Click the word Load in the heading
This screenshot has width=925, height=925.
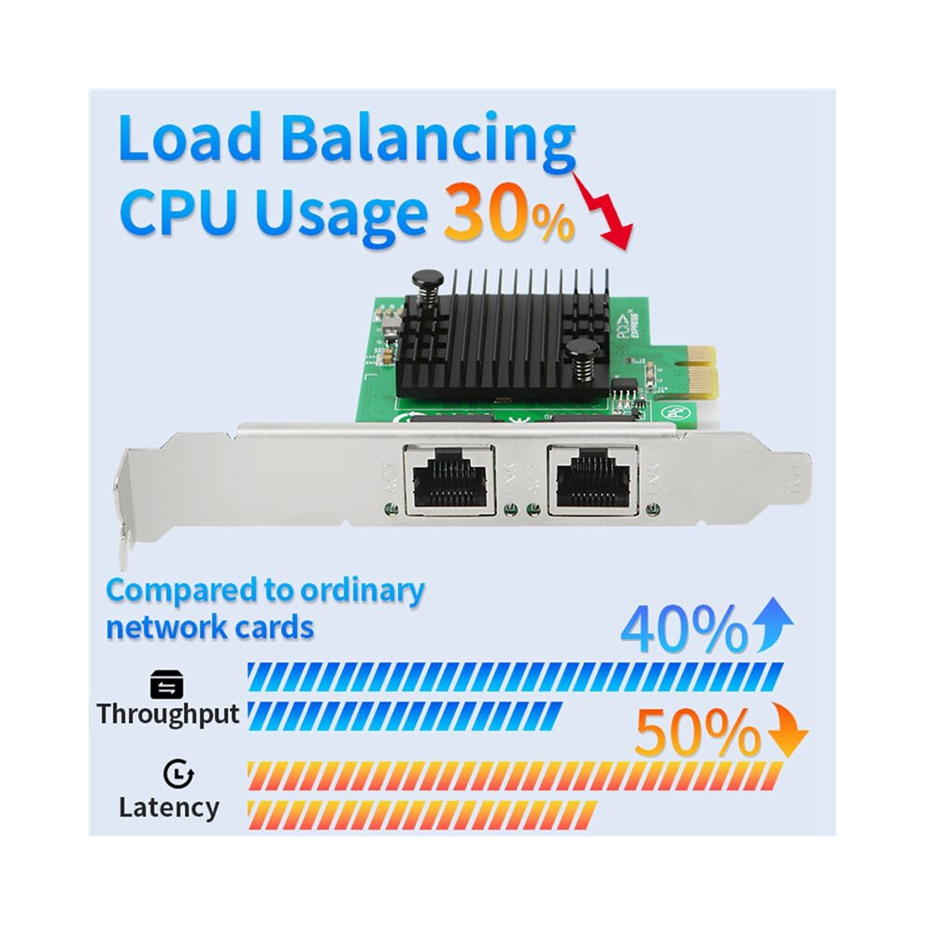pos(190,136)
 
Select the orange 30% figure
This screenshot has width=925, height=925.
pos(509,212)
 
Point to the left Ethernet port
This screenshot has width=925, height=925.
pos(449,480)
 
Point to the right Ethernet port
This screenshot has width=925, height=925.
pos(593,480)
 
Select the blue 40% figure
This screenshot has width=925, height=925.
pos(684,629)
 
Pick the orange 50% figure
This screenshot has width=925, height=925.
pos(698,732)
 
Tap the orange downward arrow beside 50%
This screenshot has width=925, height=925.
pos(788,731)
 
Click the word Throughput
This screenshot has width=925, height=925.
pos(168,715)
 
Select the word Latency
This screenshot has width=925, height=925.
pos(169,807)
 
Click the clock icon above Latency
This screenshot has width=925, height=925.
pos(178,774)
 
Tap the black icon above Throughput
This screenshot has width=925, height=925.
pos(166,684)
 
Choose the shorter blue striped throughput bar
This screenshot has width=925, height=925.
pos(405,716)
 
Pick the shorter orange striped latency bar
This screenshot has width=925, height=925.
pos(422,816)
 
